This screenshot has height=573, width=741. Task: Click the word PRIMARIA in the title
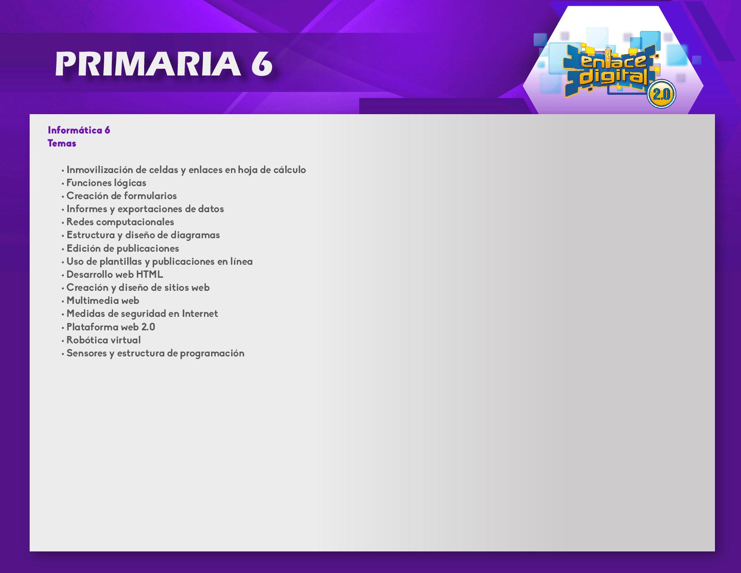click(148, 64)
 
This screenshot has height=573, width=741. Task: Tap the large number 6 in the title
click(262, 64)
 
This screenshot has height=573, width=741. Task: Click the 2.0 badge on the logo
click(661, 94)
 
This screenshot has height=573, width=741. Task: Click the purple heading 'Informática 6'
click(79, 130)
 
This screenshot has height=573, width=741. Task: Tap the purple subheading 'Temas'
click(62, 143)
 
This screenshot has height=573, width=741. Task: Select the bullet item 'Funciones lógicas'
click(106, 183)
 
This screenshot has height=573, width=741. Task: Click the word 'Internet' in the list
click(200, 314)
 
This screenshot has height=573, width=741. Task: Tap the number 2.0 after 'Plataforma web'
click(148, 327)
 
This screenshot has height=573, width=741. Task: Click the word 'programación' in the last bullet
click(212, 353)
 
